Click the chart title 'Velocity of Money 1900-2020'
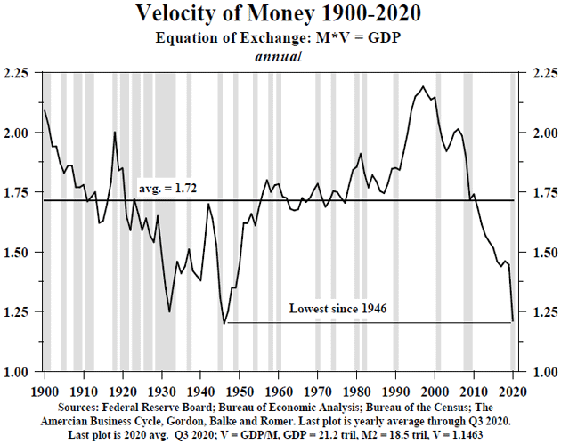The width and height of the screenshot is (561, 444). (x=280, y=14)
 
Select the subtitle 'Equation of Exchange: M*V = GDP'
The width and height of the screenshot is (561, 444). (x=280, y=37)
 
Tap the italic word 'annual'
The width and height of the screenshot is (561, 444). (x=280, y=55)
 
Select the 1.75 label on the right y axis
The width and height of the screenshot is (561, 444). (x=541, y=192)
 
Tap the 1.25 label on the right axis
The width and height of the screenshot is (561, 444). (x=541, y=312)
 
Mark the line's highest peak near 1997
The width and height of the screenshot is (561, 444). (x=422, y=86)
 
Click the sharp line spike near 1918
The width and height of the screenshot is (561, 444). (x=115, y=133)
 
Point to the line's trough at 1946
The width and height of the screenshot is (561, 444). (x=224, y=323)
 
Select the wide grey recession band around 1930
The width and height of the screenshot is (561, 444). (x=167, y=222)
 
